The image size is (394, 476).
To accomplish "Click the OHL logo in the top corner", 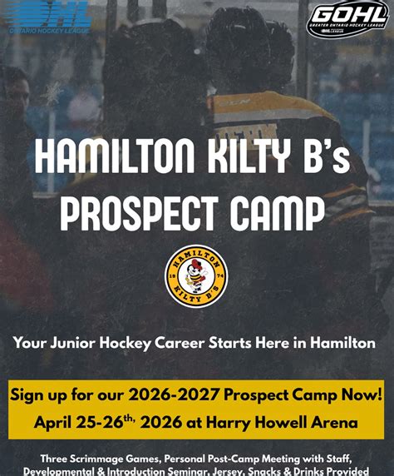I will tap(49, 15).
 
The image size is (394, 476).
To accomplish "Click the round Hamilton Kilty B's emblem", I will tap(196, 275).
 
